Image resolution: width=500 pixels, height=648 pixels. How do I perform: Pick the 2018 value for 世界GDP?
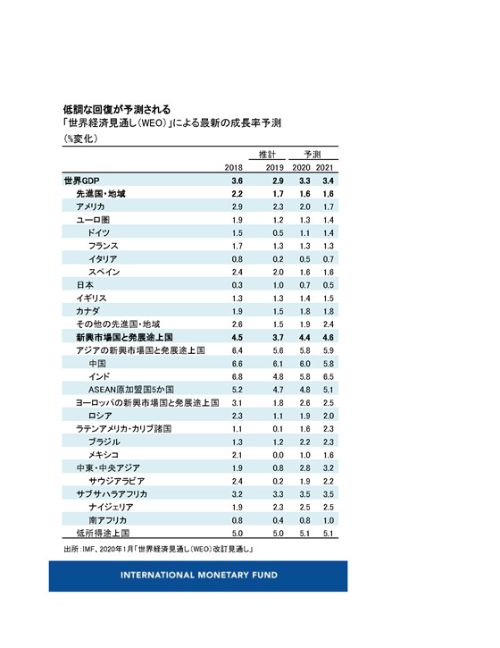(x=237, y=181)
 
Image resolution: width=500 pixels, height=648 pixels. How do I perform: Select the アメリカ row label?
(x=90, y=206)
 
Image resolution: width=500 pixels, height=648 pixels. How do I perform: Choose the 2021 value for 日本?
(x=329, y=283)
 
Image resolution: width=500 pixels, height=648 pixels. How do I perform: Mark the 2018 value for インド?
(x=237, y=377)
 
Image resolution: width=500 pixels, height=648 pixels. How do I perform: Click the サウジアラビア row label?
(x=117, y=480)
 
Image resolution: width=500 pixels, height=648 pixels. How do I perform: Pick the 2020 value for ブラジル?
(x=304, y=442)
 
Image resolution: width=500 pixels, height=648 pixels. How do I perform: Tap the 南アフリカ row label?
(x=107, y=518)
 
